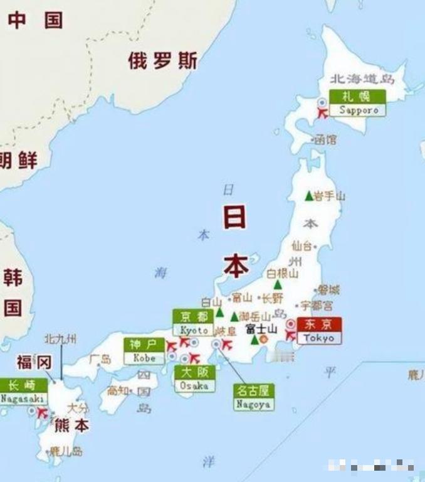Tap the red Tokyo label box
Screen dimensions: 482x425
point(319,331)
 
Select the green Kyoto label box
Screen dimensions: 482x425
point(194,323)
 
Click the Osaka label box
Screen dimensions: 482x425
point(194,379)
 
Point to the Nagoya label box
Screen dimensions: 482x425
point(253,397)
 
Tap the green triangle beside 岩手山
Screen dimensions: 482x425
point(308,196)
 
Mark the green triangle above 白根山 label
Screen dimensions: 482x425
point(278,284)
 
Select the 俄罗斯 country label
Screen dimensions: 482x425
point(163,61)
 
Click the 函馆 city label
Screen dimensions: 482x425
point(325,139)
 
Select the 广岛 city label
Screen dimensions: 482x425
point(100,359)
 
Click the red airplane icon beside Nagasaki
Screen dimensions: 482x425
point(43,413)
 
